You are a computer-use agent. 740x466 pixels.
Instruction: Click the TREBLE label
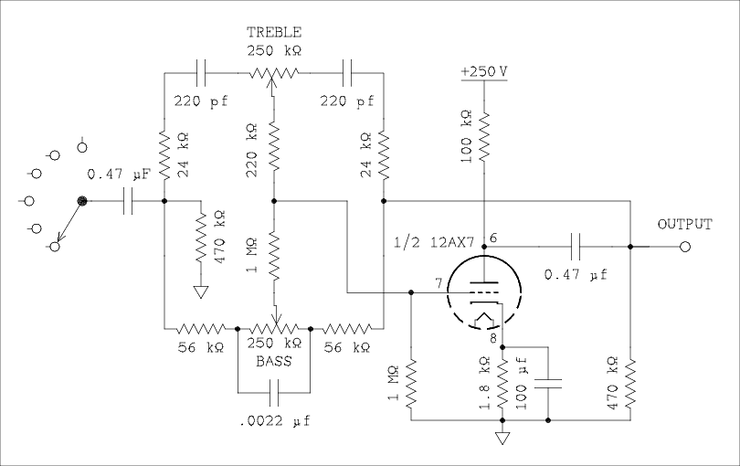pos(273,32)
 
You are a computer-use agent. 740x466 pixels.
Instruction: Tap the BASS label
pos(273,362)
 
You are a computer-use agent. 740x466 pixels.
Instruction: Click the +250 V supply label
pos(483,71)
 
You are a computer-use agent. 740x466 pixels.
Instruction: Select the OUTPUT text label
pos(684,224)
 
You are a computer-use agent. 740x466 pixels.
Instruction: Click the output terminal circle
pos(684,246)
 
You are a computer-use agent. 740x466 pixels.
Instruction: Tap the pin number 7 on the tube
pos(441,282)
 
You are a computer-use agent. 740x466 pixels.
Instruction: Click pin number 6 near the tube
pos(493,238)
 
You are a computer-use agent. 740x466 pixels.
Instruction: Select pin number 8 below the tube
pos(494,338)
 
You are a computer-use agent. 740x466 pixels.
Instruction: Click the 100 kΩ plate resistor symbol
pos(483,137)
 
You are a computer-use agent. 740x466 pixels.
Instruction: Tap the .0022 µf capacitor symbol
pos(273,394)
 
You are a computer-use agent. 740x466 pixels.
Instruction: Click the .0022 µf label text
pos(275,422)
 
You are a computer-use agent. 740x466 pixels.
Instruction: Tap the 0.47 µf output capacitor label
pos(575,273)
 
